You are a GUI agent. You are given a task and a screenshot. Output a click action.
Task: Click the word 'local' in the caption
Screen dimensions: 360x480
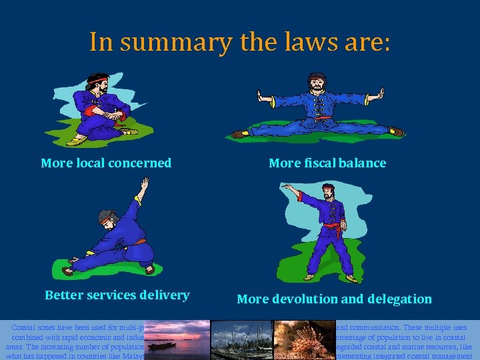[x=93, y=163]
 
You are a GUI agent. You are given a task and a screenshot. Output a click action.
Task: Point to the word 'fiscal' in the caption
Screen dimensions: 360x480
[x=317, y=163]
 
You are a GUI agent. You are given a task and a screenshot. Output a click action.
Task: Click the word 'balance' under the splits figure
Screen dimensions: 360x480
[x=361, y=163]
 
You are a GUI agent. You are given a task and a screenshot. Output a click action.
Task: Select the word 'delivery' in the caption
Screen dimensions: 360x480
[x=165, y=295]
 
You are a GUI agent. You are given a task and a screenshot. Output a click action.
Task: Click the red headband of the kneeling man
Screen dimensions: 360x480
[x=100, y=81]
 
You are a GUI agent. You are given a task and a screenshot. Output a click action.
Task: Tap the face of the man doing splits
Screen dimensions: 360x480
[x=316, y=86]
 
